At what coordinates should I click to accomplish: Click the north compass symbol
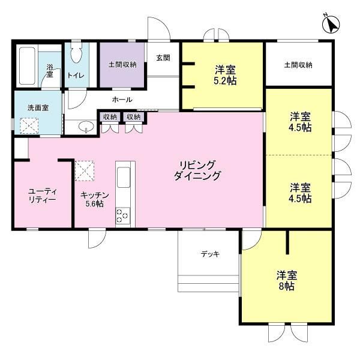tap(331, 25)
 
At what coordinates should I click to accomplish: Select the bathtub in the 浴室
tap(27, 66)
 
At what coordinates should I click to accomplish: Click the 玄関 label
tap(163, 58)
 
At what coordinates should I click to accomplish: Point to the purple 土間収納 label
tap(122, 65)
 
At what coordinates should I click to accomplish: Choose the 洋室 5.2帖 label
tap(225, 75)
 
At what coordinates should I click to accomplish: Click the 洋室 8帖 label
tap(287, 280)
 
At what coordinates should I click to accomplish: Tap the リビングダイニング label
tap(197, 170)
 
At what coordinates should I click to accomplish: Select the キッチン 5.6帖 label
tap(95, 199)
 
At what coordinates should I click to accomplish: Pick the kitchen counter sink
tap(124, 178)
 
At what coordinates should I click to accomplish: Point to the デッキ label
tap(210, 254)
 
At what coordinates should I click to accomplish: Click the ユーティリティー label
tap(42, 195)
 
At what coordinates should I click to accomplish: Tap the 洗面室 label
tap(38, 107)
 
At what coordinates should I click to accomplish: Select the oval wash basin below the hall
tap(86, 126)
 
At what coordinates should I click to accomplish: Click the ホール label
tap(122, 100)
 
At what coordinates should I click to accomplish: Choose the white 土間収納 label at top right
tap(298, 65)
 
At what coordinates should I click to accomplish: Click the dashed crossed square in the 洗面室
tap(29, 125)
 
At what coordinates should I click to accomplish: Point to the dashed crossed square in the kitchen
tap(85, 171)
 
